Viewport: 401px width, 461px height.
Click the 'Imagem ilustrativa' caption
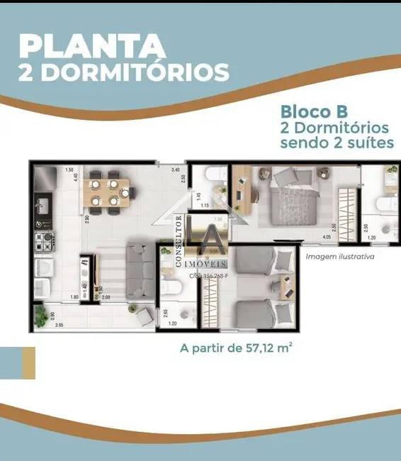click(x=339, y=257)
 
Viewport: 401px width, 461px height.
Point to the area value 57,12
click(x=266, y=348)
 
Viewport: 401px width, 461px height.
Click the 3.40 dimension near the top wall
click(x=175, y=170)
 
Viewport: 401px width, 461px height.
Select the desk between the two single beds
click(x=286, y=287)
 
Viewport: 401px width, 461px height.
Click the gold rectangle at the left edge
click(x=28, y=362)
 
